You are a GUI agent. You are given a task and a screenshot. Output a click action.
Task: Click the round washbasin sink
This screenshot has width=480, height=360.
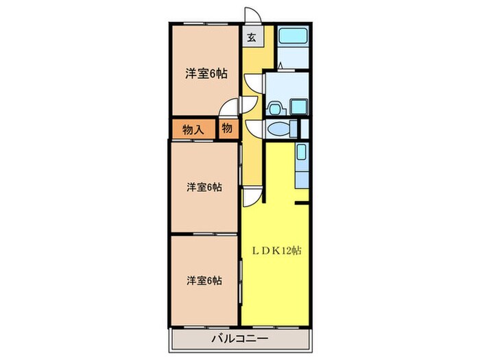coord(275,107)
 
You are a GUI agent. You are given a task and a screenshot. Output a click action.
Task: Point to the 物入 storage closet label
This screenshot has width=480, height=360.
coord(193,129)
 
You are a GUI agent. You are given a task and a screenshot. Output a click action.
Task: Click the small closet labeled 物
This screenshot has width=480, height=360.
coord(227,129)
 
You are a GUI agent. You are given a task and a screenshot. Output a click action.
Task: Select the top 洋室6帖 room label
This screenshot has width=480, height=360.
coord(206,74)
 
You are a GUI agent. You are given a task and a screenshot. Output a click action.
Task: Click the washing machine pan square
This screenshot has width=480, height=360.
coord(300,106)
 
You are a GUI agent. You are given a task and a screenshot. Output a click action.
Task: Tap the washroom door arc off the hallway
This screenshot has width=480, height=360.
coord(253,84)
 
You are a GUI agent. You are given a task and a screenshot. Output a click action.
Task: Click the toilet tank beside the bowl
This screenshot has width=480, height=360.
coord(293,129)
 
